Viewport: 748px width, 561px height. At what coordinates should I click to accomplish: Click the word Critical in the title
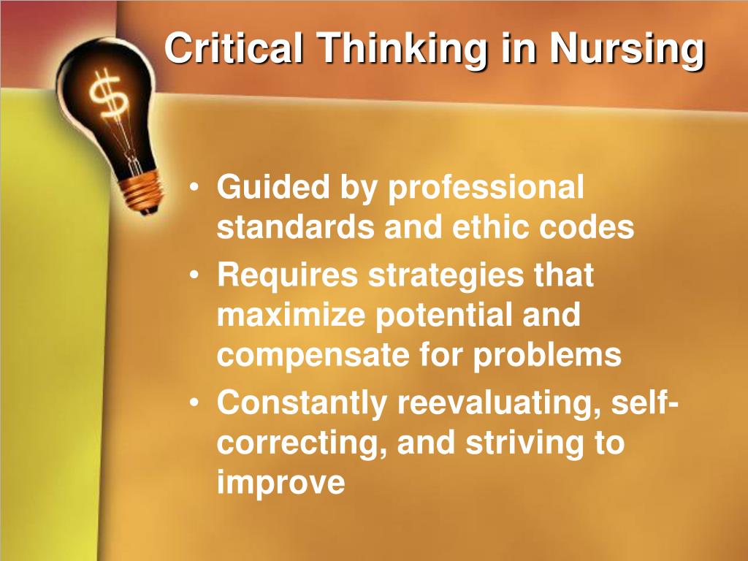[234, 47]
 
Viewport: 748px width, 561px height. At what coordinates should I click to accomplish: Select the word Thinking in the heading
[403, 50]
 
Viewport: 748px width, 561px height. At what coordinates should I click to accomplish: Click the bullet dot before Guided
[194, 187]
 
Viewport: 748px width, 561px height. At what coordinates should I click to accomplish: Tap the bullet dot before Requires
[194, 275]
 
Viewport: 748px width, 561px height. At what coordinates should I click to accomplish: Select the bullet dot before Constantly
[194, 402]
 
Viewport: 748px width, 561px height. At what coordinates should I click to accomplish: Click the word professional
[486, 188]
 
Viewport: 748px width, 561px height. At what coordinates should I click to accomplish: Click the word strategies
[446, 277]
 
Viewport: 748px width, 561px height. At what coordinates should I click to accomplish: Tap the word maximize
[291, 315]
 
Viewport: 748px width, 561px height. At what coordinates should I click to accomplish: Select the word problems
[547, 356]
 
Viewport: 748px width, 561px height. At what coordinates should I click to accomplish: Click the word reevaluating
[498, 403]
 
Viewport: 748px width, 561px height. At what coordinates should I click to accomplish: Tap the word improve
[281, 484]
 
